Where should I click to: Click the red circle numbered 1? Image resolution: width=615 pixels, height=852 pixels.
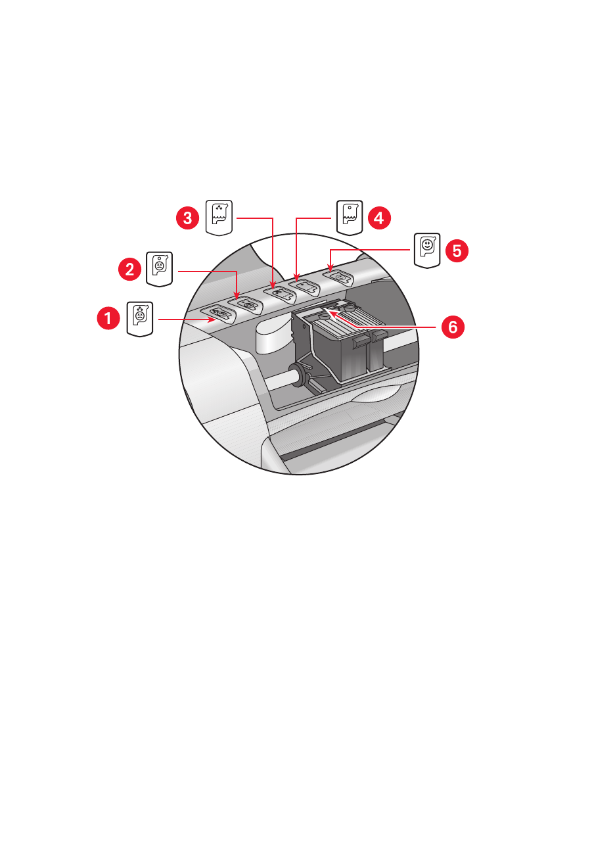[x=108, y=318]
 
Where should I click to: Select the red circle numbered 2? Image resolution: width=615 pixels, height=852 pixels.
[x=129, y=270]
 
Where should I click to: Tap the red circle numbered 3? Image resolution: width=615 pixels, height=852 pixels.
[x=187, y=218]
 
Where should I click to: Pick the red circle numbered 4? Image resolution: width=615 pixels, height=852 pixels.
[x=379, y=218]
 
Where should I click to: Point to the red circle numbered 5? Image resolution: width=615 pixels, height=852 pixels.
[x=457, y=250]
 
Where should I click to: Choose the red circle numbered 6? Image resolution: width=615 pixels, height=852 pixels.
[x=453, y=327]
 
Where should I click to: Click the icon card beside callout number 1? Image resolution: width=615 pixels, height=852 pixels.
[x=140, y=319]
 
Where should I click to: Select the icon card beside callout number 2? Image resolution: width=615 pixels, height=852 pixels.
[x=159, y=269]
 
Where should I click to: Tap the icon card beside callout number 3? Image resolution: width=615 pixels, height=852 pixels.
[x=219, y=218]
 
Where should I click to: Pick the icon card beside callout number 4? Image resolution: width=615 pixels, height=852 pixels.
[x=350, y=218]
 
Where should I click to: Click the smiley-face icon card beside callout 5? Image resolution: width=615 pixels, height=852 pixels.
[x=427, y=250]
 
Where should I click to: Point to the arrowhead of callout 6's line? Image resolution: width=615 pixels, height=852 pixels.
[x=329, y=313]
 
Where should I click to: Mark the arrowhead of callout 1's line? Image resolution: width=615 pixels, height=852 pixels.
[x=212, y=319]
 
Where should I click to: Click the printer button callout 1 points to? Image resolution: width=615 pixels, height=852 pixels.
[x=219, y=313]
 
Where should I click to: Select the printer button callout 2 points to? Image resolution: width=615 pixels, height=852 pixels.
[x=246, y=304]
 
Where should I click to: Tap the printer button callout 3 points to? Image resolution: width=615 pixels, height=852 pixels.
[x=280, y=294]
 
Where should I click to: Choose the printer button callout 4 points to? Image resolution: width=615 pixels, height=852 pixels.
[x=305, y=287]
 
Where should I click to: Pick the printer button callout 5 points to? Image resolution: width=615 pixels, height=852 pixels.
[x=338, y=277]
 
